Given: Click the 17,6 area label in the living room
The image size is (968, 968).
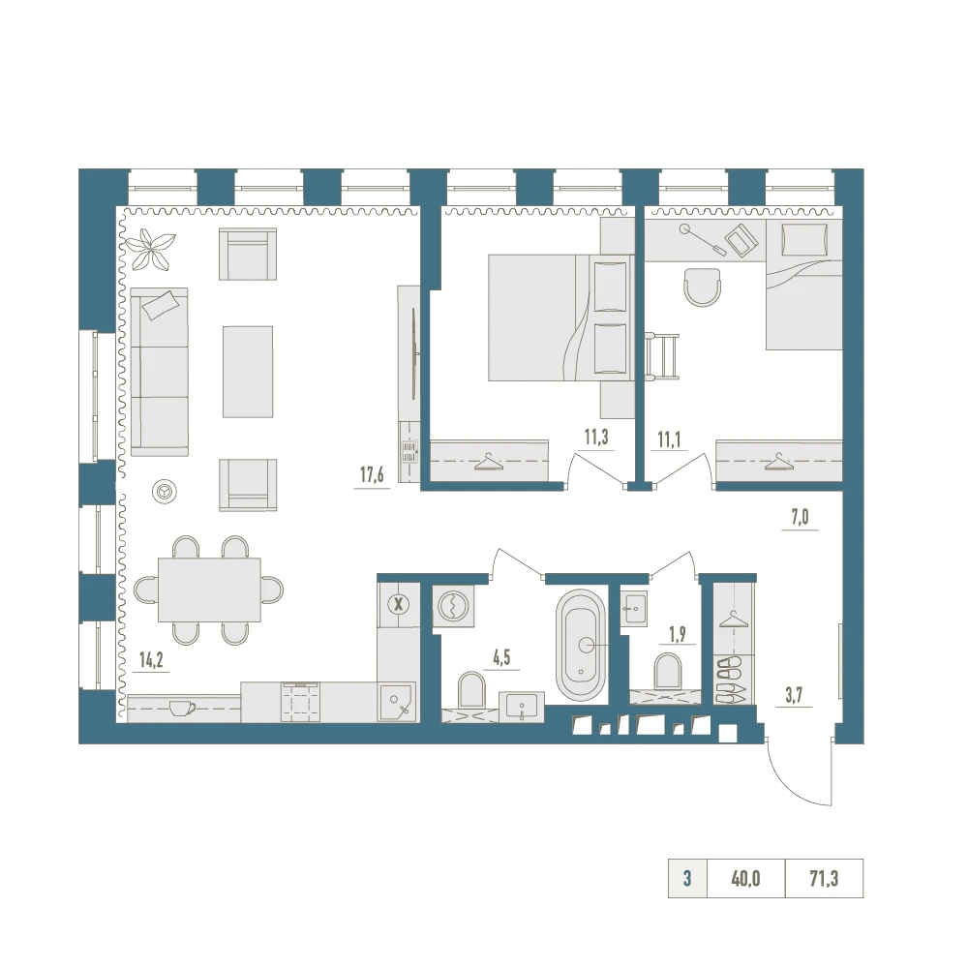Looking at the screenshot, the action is [x=372, y=474].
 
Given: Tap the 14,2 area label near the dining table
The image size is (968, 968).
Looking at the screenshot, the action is [x=151, y=659].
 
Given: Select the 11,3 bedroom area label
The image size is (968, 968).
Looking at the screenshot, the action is [x=596, y=438].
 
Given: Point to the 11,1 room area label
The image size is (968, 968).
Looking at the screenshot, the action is [x=669, y=439].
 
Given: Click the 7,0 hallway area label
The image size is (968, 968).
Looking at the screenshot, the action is [x=800, y=517].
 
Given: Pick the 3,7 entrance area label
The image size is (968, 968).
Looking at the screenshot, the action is [x=794, y=695].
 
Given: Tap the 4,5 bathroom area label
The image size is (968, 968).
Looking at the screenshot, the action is [x=501, y=657].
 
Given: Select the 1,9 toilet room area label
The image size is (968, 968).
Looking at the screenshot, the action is [x=678, y=634].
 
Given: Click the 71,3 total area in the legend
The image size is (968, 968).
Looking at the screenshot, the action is [x=824, y=879].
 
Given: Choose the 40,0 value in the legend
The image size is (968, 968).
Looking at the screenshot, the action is [x=745, y=879].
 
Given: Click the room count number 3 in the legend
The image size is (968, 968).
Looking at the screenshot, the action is [x=687, y=879].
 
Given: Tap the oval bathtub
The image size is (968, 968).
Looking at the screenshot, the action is [x=581, y=645].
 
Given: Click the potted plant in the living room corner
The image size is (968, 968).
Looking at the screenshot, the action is [x=150, y=249].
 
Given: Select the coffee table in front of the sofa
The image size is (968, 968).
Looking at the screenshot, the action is [x=248, y=372].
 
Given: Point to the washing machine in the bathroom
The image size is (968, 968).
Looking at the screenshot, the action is [x=454, y=606].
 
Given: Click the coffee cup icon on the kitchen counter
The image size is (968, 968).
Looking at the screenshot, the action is [x=182, y=708].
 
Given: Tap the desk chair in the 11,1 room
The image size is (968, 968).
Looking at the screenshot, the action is [x=703, y=287].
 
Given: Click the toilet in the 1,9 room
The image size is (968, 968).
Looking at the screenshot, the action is [x=668, y=671].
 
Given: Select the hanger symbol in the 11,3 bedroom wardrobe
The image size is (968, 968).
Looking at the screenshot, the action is [x=488, y=462].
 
